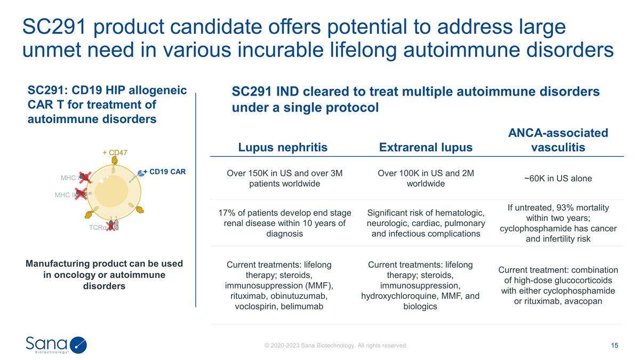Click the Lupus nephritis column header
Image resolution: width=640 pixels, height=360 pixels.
pos(283,147)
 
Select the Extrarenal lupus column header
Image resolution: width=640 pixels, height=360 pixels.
pos(426,147)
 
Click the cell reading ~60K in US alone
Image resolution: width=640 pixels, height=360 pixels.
pos(558,178)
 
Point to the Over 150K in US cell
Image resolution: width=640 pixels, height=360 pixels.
pos(284,178)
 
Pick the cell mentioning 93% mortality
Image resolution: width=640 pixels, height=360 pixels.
pos(558,223)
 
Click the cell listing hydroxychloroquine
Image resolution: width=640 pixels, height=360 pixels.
pos(420,285)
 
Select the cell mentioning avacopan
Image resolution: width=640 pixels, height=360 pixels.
pos(558,285)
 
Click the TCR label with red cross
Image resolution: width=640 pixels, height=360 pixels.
pos(98,227)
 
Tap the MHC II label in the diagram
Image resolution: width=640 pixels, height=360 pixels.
pos(65,195)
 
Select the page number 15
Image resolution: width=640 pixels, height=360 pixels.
pos(614,346)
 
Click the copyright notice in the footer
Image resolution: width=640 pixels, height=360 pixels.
pos(336,346)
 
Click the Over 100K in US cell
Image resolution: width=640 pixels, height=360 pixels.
pos(426,178)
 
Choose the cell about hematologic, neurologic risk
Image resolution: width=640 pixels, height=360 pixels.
pos(426,223)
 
